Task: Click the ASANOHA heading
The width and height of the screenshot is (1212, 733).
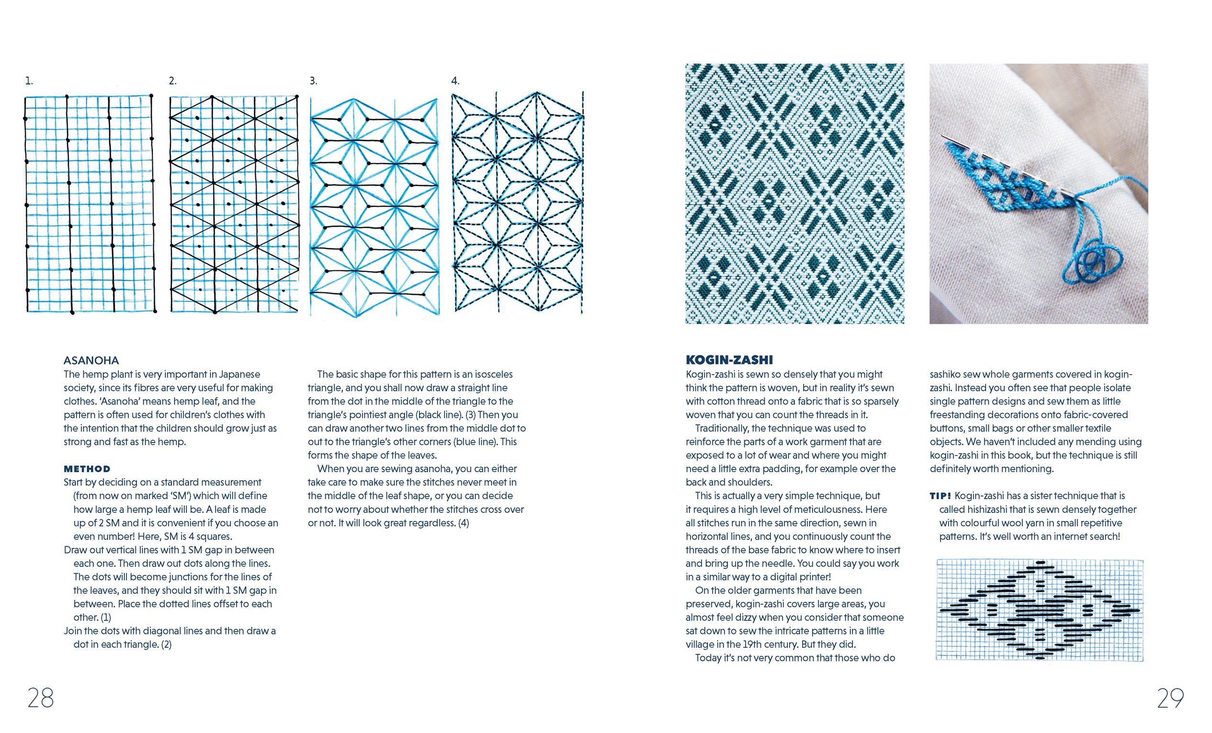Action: (x=91, y=360)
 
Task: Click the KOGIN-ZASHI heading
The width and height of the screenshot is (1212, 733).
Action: (x=729, y=360)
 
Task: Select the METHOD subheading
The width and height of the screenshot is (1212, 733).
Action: (x=87, y=469)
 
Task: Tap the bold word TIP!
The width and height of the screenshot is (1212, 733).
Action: (x=940, y=496)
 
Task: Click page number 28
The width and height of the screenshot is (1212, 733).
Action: (x=40, y=698)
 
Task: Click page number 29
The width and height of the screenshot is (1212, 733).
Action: (x=1170, y=698)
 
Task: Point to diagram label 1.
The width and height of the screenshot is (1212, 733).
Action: (x=29, y=81)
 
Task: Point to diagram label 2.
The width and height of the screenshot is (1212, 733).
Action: (x=173, y=81)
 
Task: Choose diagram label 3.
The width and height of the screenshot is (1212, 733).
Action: (x=313, y=81)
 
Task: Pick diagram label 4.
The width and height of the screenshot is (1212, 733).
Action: (x=455, y=81)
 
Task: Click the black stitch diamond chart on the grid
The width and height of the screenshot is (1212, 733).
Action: (x=1039, y=610)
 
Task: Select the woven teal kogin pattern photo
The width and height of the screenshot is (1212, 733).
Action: (x=794, y=193)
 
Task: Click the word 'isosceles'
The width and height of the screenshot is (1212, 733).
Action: (x=493, y=375)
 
